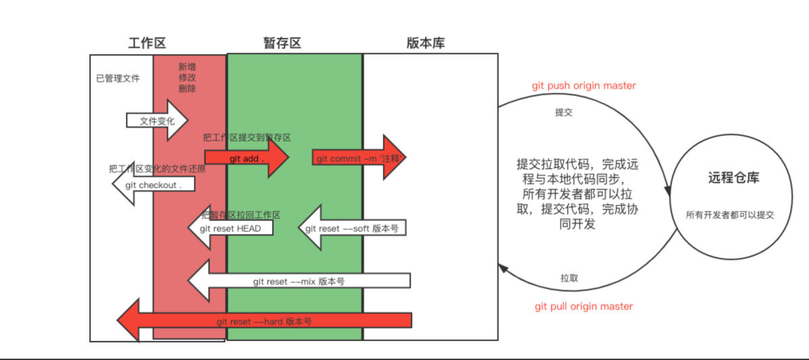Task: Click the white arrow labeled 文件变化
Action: click(156, 121)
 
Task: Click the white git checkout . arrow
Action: click(154, 185)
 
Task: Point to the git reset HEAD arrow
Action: click(229, 229)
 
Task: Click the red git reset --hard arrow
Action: click(264, 321)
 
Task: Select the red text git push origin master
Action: click(584, 86)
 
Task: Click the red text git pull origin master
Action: click(584, 307)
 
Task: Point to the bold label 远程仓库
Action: click(733, 179)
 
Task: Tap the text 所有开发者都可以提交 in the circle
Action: click(729, 215)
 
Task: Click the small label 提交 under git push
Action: click(564, 112)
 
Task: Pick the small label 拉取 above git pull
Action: click(569, 278)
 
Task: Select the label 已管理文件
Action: click(118, 78)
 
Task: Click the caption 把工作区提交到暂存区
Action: click(246, 137)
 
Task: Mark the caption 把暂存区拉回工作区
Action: click(240, 215)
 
